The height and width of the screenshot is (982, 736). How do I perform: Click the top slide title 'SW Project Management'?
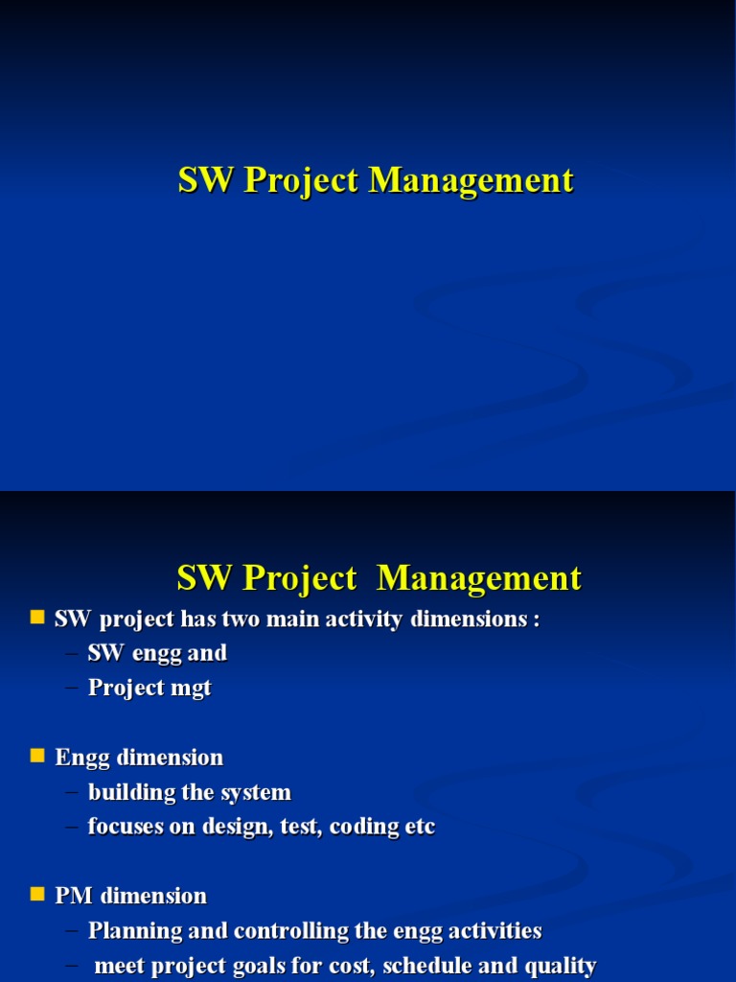pos(376,180)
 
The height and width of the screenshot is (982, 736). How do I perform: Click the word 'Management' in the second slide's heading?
pos(479,578)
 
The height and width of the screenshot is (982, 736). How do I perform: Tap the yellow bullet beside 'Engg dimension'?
pos(38,757)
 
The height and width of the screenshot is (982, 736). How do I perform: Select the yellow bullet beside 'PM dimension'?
pos(38,895)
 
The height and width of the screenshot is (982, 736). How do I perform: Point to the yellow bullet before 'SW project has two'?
pos(38,619)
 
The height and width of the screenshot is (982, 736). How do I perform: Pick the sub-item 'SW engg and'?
pos(157,654)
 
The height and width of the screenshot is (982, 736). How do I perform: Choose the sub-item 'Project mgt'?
pos(149,689)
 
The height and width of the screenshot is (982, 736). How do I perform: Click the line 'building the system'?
pos(189,793)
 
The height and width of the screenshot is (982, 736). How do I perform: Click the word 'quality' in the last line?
pos(563,966)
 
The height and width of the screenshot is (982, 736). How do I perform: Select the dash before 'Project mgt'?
pos(73,689)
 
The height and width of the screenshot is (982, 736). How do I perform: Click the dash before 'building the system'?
pos(73,793)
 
